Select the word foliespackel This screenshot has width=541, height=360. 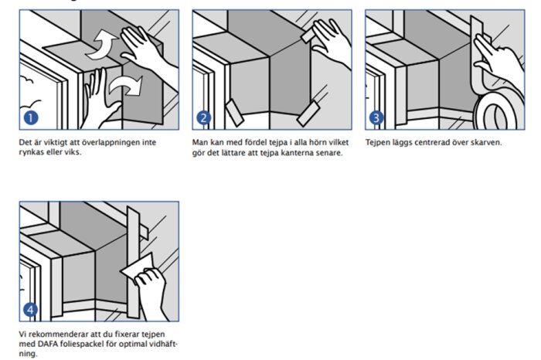point(80,345)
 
